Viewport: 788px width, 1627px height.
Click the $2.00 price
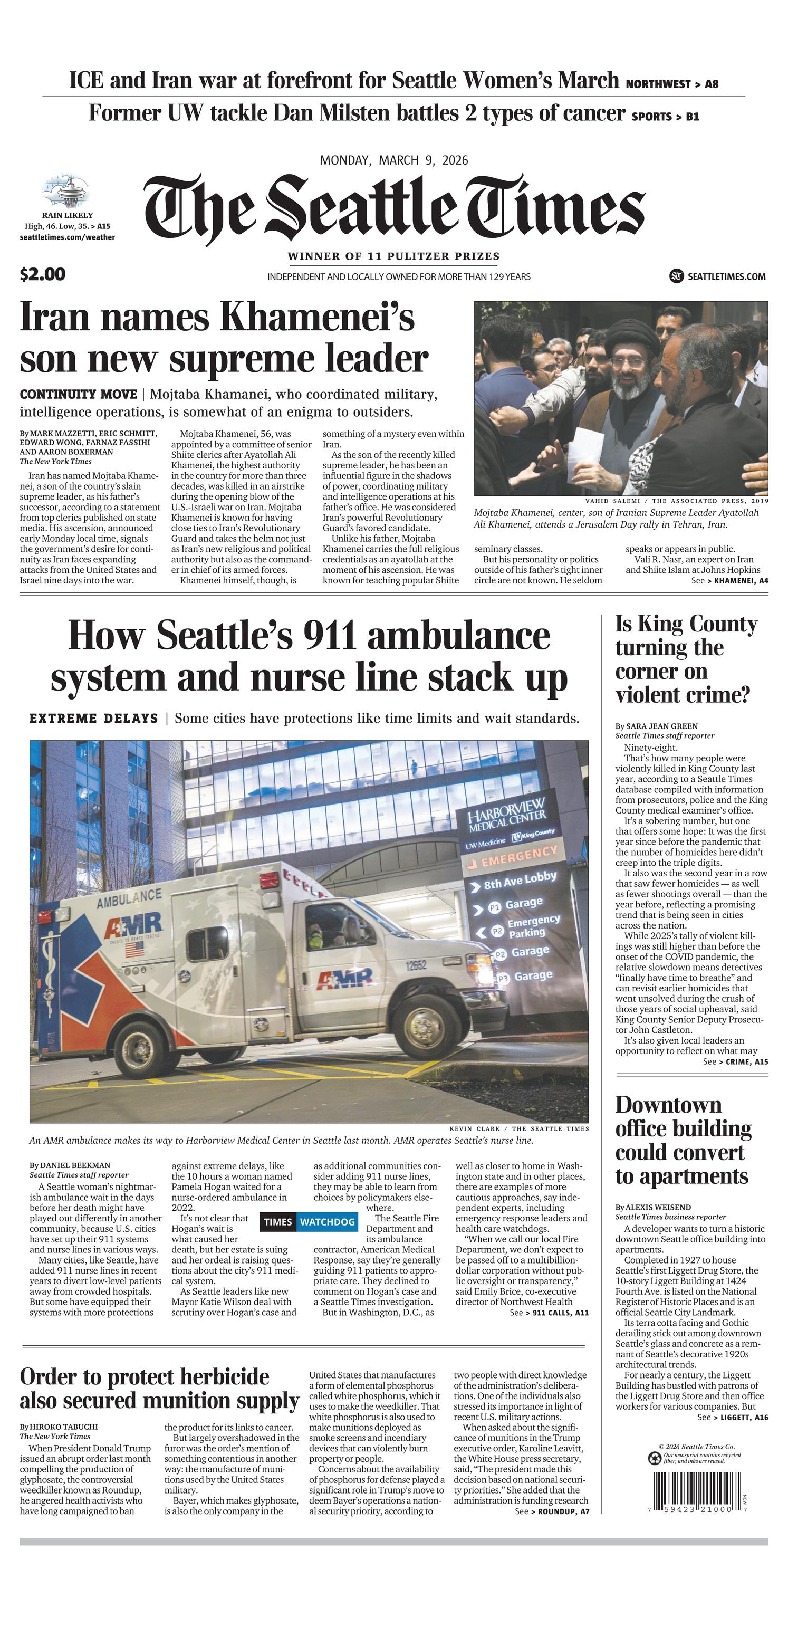pos(42,274)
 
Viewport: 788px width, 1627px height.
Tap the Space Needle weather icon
pos(65,192)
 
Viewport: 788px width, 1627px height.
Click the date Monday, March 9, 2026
pos(394,160)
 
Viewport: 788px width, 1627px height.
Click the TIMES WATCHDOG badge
pos(309,1221)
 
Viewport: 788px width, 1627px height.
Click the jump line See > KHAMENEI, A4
pos(729,580)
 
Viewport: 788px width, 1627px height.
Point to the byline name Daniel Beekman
pos(74,1165)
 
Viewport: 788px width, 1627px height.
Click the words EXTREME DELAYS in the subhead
pos(93,718)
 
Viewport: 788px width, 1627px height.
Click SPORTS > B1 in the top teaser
pos(665,116)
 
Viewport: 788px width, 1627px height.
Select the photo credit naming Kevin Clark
pos(518,1128)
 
